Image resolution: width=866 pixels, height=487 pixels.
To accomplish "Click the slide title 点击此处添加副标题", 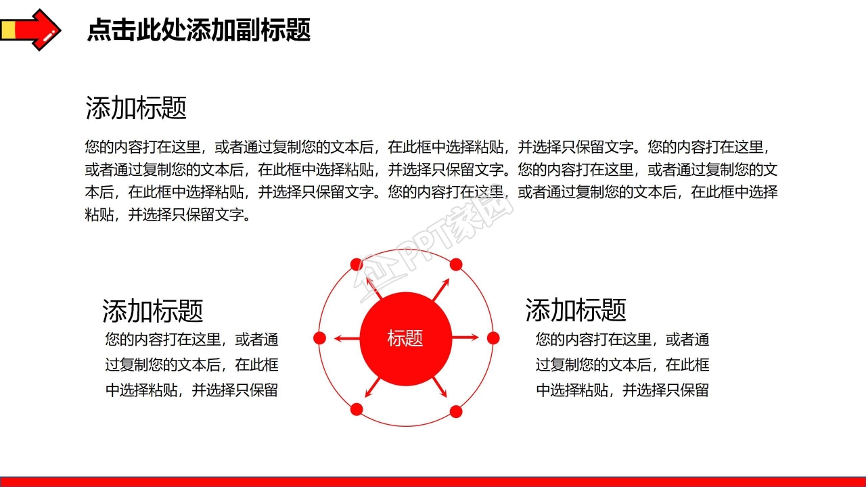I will tap(199, 30).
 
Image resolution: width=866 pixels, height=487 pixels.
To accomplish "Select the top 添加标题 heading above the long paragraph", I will tap(136, 108).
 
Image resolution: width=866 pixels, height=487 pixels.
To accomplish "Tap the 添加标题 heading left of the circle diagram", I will tap(153, 310).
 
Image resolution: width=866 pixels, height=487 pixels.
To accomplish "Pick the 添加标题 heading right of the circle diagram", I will tap(576, 310).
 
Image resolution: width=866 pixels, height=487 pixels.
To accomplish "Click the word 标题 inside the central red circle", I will tap(405, 338).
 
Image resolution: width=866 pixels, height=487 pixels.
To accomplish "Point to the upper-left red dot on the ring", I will tap(356, 264).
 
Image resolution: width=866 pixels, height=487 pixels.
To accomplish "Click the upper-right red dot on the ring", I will tap(456, 264).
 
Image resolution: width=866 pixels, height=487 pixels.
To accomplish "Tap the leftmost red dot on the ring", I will tap(320, 338).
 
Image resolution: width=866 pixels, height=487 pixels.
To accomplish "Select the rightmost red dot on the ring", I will tap(493, 338).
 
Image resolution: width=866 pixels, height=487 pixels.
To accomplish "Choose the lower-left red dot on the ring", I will tap(357, 409).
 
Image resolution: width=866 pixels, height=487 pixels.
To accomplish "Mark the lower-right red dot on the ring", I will tap(456, 411).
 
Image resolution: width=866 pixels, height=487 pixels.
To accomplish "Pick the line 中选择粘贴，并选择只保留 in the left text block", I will tap(191, 390).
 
